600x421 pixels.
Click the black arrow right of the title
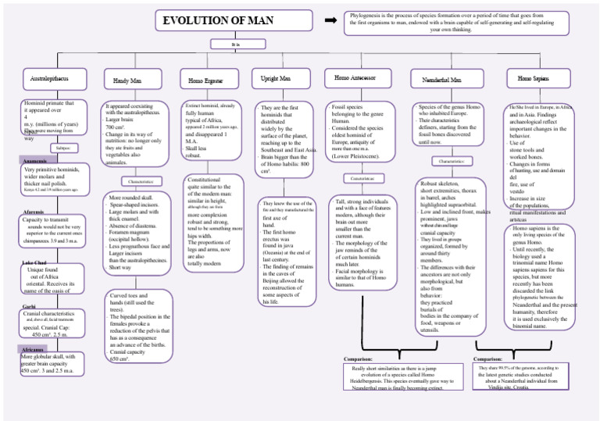(x=330, y=19)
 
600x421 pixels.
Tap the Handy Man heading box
(x=127, y=80)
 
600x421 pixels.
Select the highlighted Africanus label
(x=34, y=350)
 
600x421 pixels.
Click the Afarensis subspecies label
(x=34, y=212)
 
